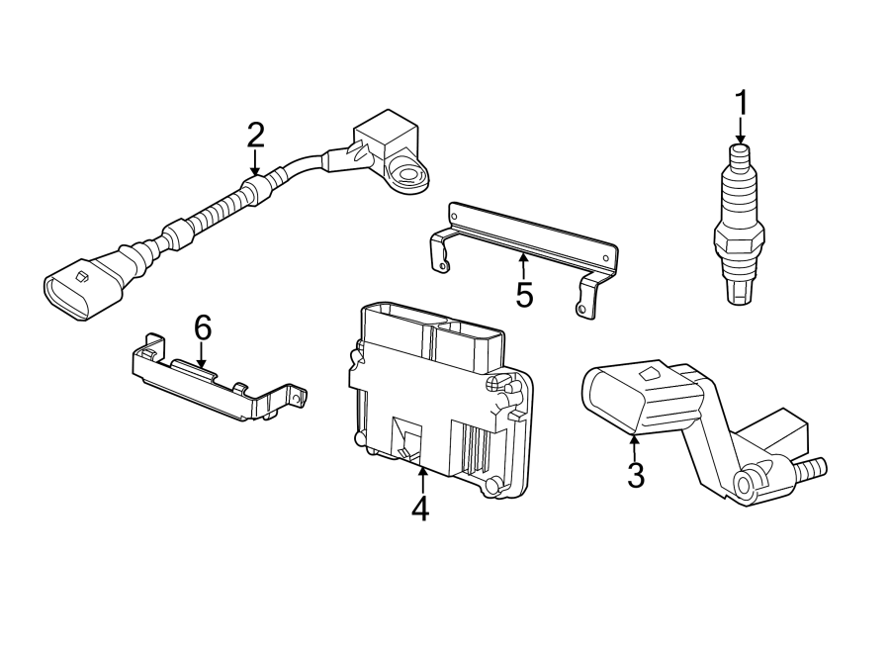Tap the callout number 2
(256, 136)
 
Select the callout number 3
(636, 475)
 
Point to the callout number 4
(421, 509)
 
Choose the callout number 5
(523, 293)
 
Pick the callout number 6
(203, 326)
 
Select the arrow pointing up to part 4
(421, 479)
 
